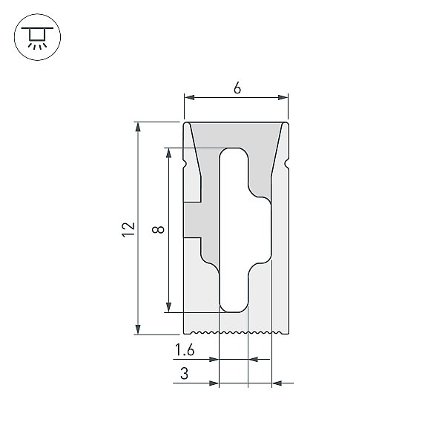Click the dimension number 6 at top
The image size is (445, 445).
pyautogui.click(x=237, y=88)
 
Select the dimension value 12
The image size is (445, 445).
pyautogui.click(x=128, y=229)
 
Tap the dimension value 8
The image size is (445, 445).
pyautogui.click(x=158, y=229)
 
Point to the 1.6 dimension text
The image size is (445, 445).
pyautogui.click(x=185, y=349)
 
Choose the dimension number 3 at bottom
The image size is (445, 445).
pyautogui.click(x=184, y=373)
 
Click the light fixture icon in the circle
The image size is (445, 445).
pyautogui.click(x=37, y=38)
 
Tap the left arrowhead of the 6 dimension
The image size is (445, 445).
pyautogui.click(x=189, y=97)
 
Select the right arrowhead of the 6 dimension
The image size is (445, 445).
pyautogui.click(x=283, y=97)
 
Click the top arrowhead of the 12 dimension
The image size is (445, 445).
pyautogui.click(x=138, y=127)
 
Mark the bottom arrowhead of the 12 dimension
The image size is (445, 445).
pyautogui.click(x=138, y=329)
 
